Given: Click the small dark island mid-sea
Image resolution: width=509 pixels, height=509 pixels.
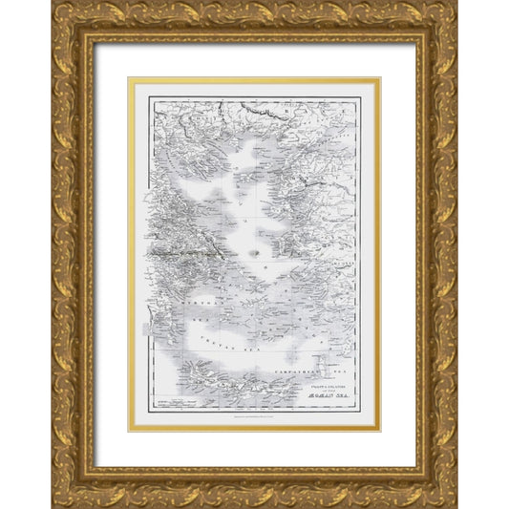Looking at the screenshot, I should pyautogui.click(x=255, y=252).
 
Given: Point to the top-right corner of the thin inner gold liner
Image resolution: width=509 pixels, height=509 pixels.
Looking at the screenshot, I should pyautogui.click(x=379, y=79).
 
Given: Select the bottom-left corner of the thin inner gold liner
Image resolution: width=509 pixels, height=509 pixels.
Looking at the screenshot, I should pyautogui.click(x=130, y=432).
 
